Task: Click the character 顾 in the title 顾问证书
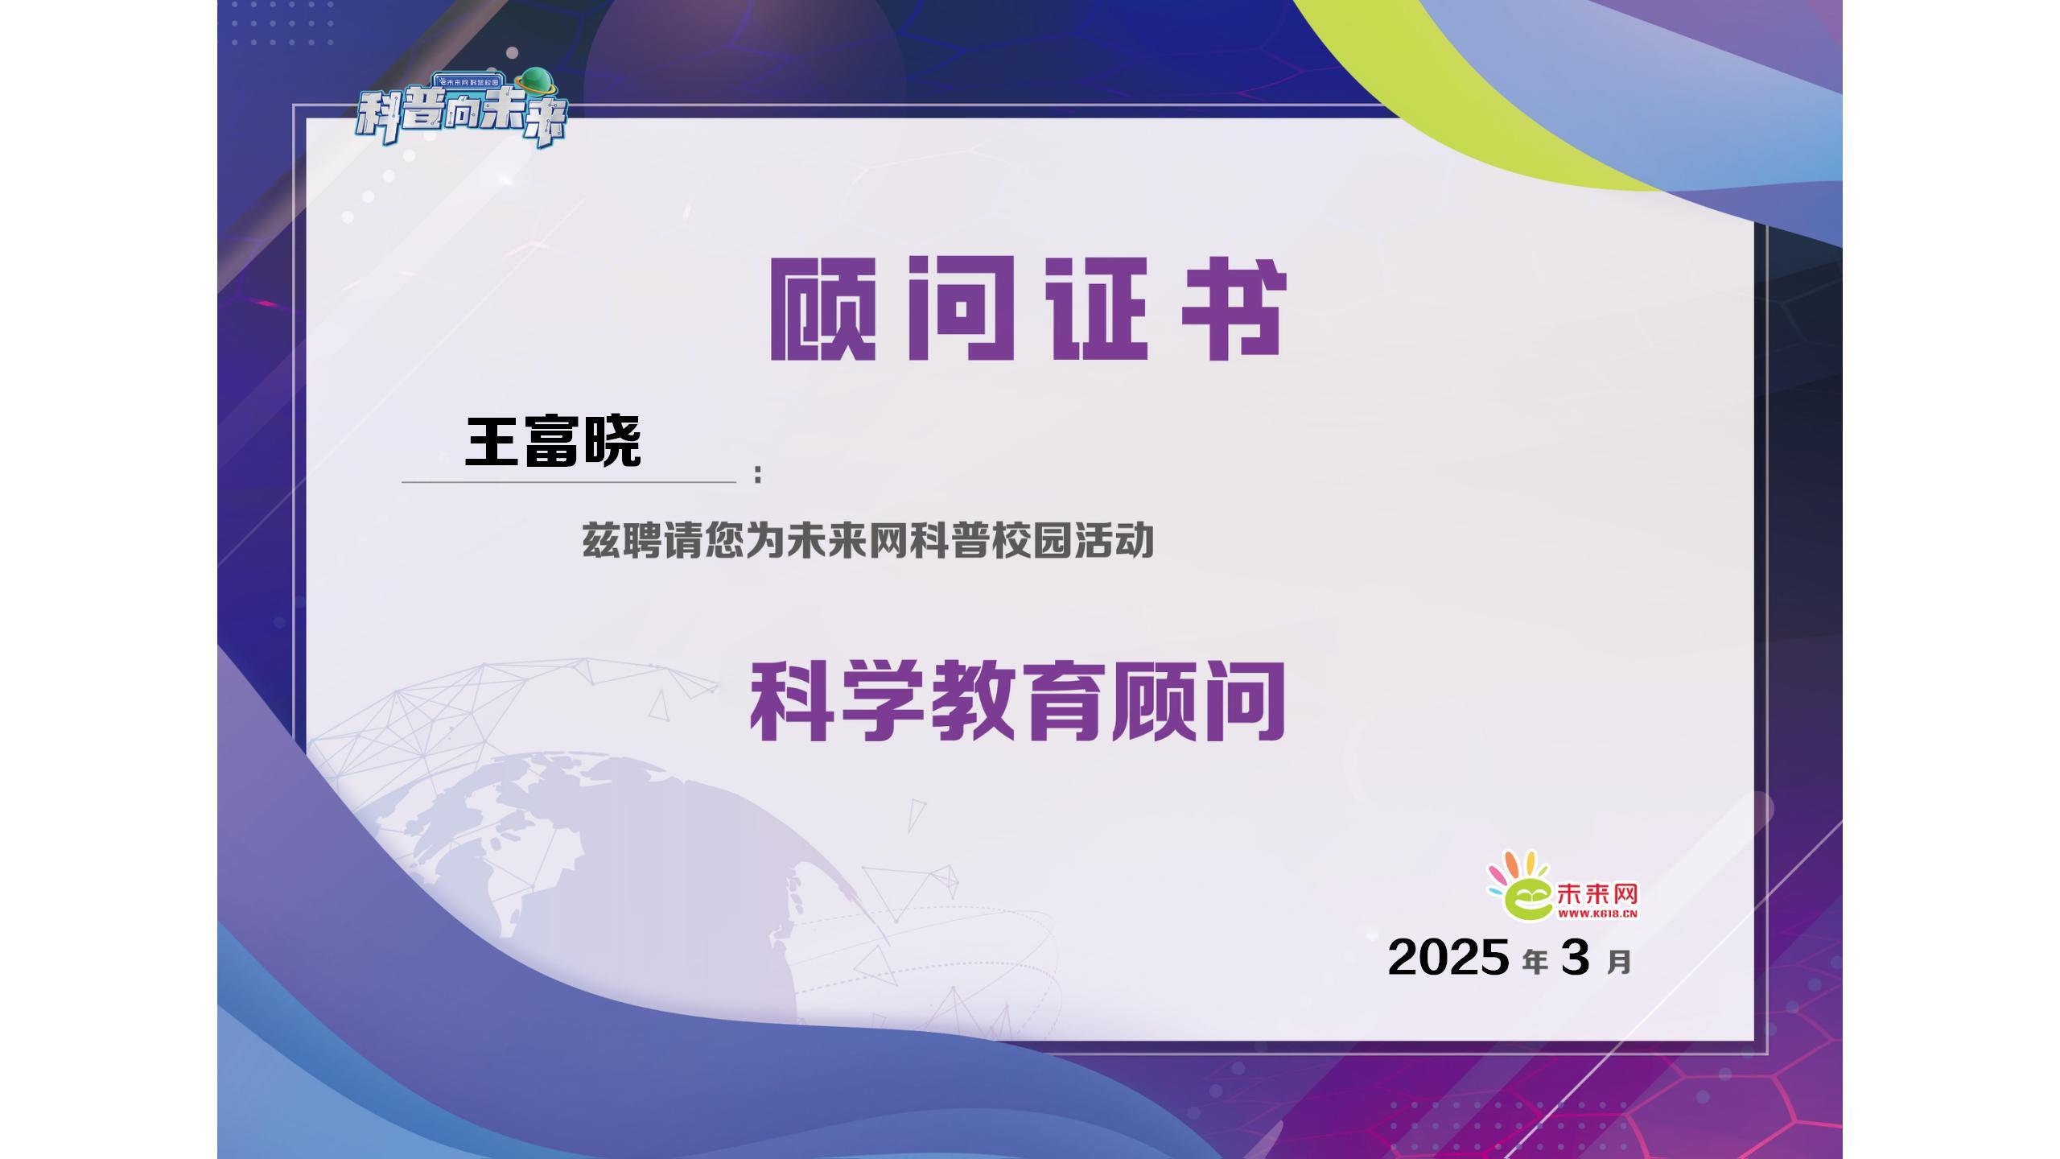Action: click(x=822, y=308)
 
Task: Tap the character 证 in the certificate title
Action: click(x=1095, y=308)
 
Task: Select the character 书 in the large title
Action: click(x=1234, y=308)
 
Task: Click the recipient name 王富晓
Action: click(x=554, y=441)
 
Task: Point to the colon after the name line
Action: click(x=758, y=474)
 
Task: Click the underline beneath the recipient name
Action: click(x=569, y=482)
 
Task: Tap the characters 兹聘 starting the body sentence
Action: click(x=622, y=541)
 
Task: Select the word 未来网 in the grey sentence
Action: click(x=847, y=541)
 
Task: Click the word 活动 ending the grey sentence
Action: click(x=1114, y=541)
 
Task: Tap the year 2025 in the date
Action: click(x=1448, y=957)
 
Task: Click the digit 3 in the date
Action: click(x=1576, y=957)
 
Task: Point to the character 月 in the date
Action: click(x=1619, y=962)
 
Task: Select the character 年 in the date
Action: click(x=1535, y=962)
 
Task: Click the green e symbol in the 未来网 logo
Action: click(x=1527, y=900)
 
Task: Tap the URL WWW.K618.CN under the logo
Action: click(x=1598, y=914)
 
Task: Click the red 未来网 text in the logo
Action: click(x=1598, y=894)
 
